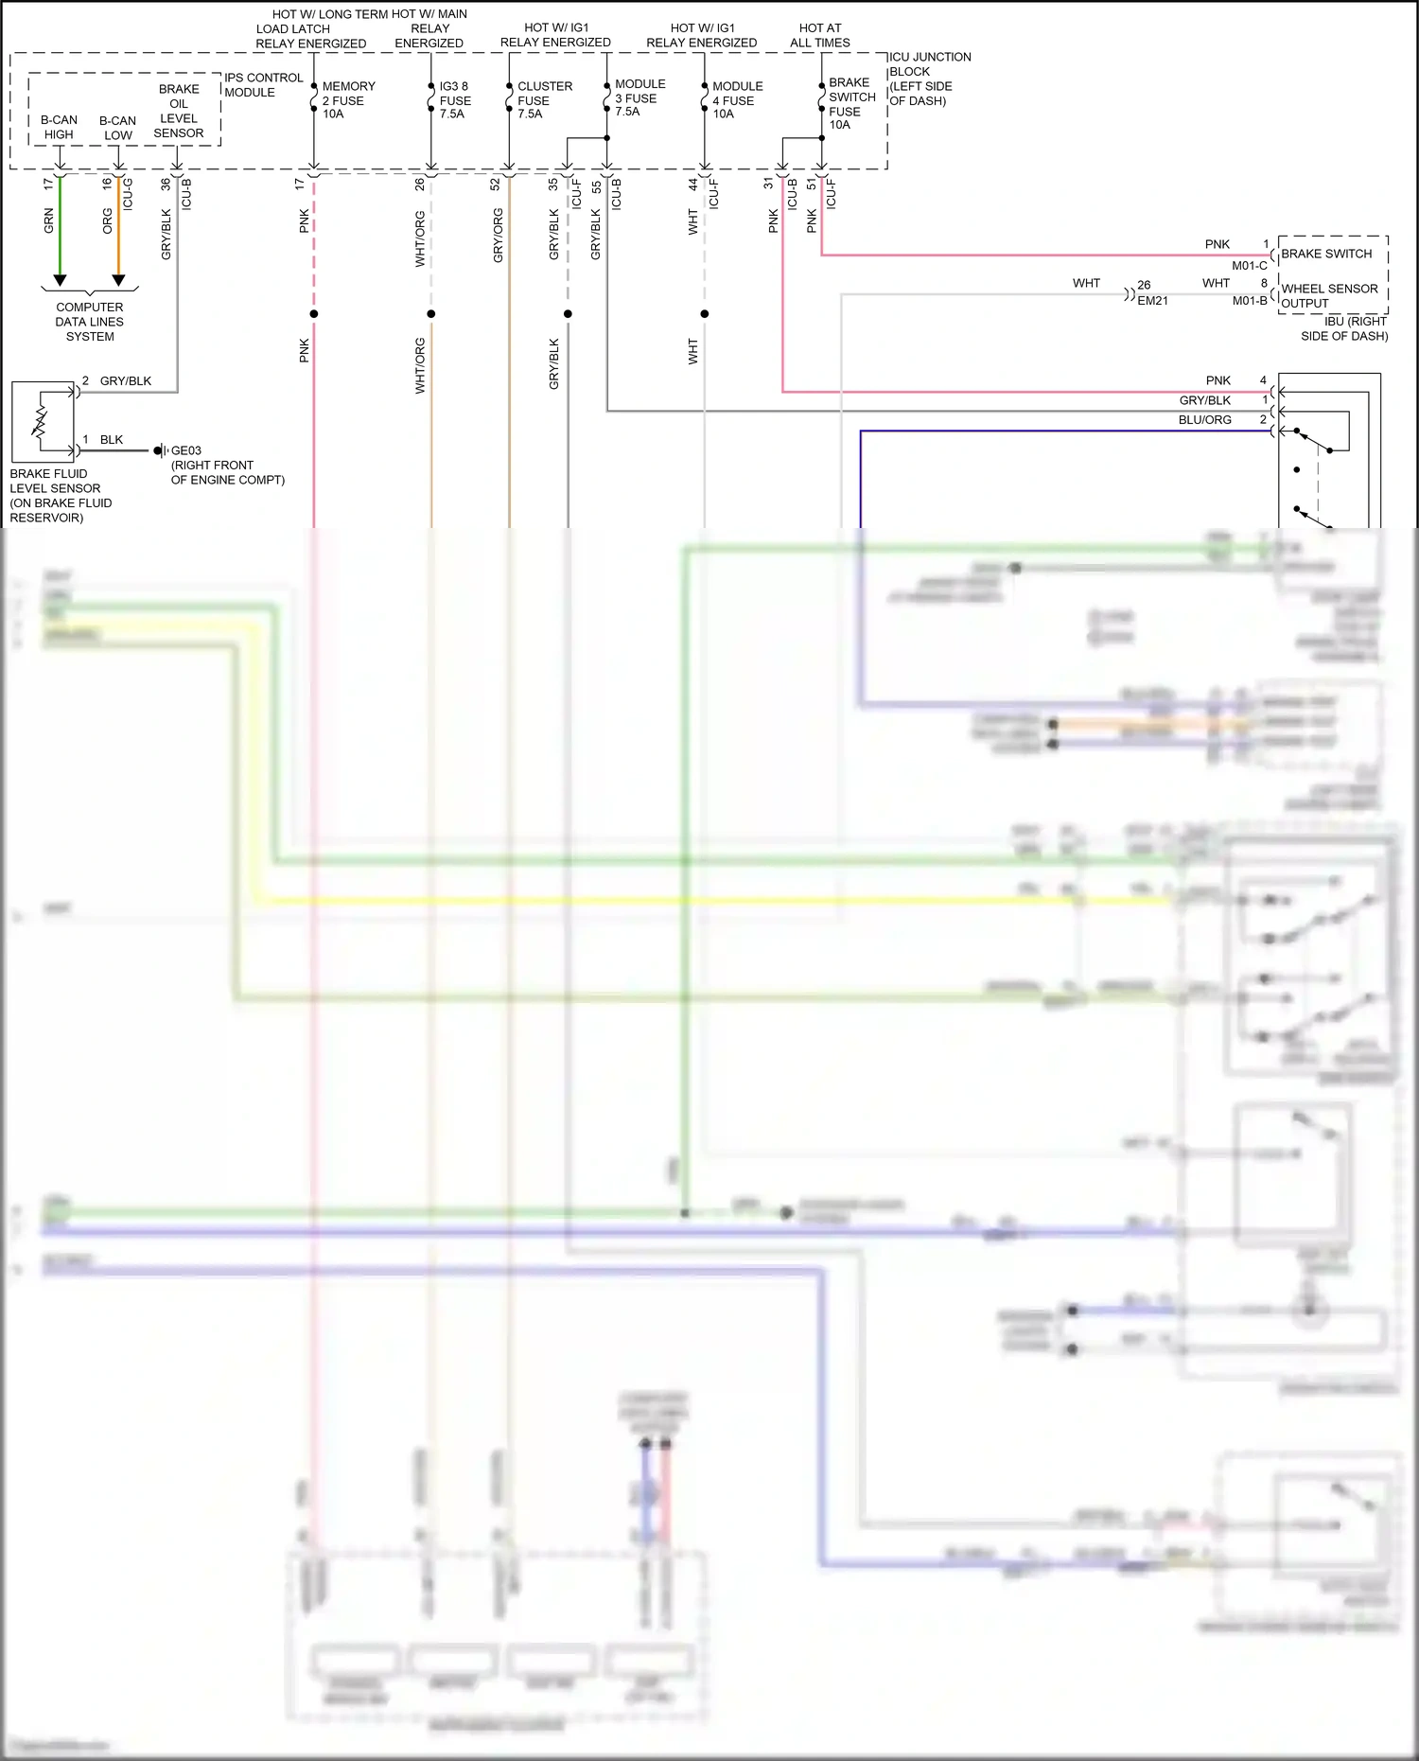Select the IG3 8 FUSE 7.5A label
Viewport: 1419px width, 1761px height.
(x=454, y=99)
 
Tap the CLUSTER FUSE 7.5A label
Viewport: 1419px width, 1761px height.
(x=543, y=99)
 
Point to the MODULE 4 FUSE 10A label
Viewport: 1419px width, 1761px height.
(x=736, y=99)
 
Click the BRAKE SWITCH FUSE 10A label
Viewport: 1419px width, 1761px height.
(x=850, y=103)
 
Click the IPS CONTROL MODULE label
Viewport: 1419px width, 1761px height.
(x=262, y=84)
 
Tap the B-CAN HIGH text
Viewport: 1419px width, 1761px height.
(x=59, y=127)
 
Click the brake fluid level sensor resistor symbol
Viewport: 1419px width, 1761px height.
(x=41, y=423)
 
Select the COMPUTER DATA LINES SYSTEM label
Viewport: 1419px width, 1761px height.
(x=89, y=322)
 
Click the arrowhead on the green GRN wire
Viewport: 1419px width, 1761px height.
(x=60, y=280)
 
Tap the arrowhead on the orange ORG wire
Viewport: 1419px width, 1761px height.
(x=118, y=280)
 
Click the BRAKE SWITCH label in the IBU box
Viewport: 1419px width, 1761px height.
(x=1325, y=254)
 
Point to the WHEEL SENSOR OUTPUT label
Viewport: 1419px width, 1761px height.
(x=1328, y=295)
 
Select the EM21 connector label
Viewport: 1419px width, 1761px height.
(x=1151, y=301)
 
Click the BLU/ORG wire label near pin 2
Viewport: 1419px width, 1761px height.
(x=1204, y=420)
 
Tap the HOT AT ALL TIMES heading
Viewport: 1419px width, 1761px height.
(x=819, y=35)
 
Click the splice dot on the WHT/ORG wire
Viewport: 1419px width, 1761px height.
(x=431, y=313)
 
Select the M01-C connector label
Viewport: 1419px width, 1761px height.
(x=1249, y=266)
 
